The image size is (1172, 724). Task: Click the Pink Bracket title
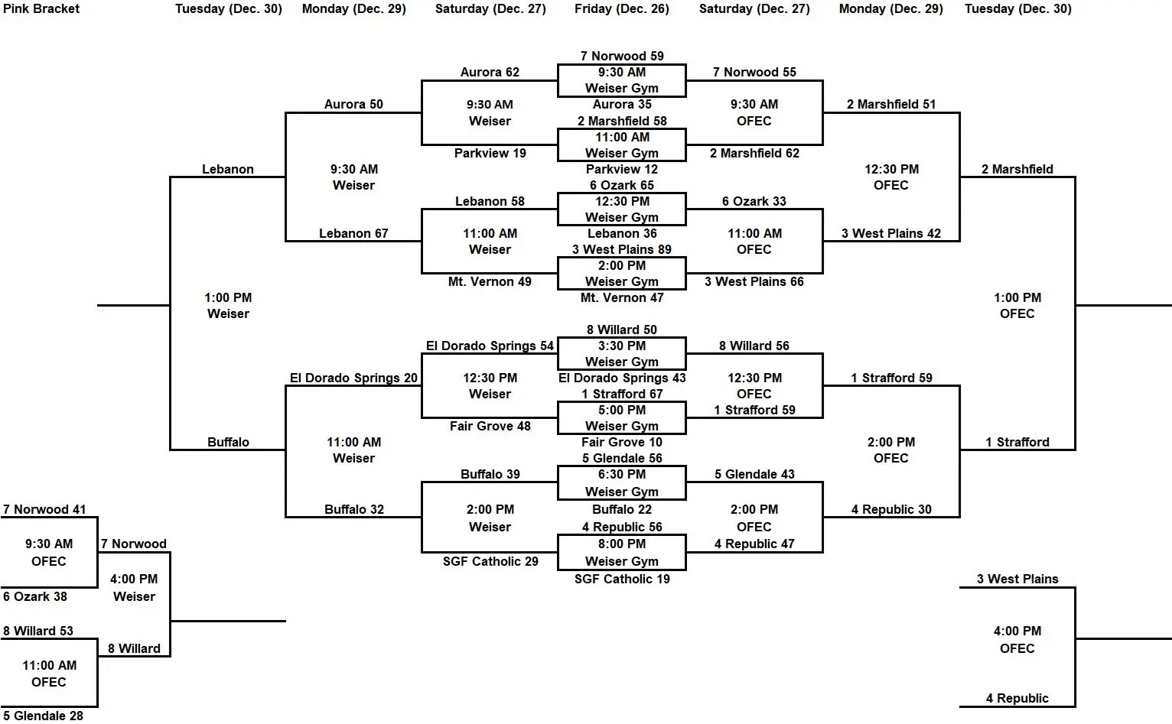point(41,9)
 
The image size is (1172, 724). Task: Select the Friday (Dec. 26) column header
point(621,9)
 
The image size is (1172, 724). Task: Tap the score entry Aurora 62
point(490,73)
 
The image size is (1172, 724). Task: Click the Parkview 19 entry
point(490,153)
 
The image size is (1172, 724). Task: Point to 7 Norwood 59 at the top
point(621,56)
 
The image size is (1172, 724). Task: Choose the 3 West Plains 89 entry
point(621,249)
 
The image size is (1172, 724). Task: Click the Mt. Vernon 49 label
point(490,281)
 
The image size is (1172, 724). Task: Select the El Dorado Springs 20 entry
point(353,378)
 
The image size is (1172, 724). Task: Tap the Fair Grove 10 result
point(621,442)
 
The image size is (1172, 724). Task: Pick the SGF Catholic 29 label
point(490,561)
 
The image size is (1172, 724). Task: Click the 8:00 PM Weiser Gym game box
point(621,552)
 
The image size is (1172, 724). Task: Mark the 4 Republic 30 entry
point(891,509)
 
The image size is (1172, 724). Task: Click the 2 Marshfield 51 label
point(891,104)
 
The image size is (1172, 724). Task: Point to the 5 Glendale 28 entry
point(43,716)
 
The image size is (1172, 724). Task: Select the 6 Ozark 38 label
point(35,596)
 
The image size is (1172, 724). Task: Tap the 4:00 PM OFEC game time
point(1017,639)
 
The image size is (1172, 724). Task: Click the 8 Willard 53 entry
point(38,631)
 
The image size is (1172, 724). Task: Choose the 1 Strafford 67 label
point(621,394)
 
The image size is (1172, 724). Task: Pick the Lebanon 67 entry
point(353,233)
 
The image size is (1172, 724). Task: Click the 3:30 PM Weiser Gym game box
point(621,353)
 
